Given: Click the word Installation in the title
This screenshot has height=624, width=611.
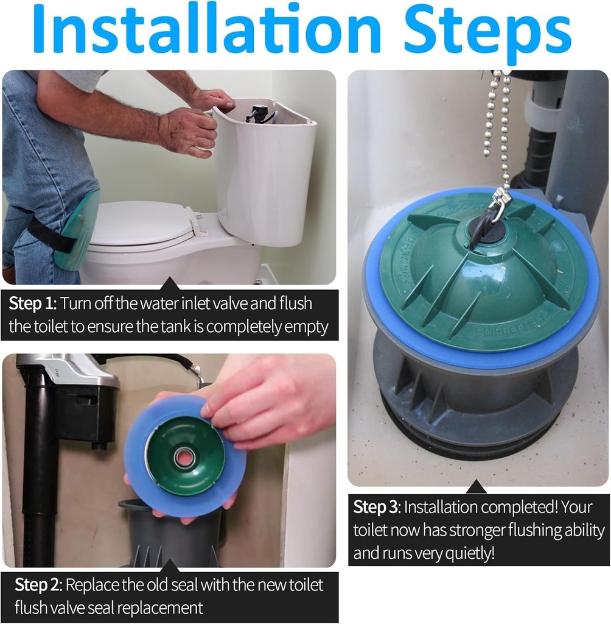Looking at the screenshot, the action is pyautogui.click(x=207, y=30).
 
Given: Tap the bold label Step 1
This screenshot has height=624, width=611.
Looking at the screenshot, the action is pyautogui.click(x=31, y=303).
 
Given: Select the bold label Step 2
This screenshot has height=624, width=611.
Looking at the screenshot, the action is pyautogui.click(x=37, y=585).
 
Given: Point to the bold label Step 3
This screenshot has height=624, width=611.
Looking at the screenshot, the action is pyautogui.click(x=375, y=508).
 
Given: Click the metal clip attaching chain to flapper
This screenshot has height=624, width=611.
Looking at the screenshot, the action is pyautogui.click(x=499, y=201).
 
